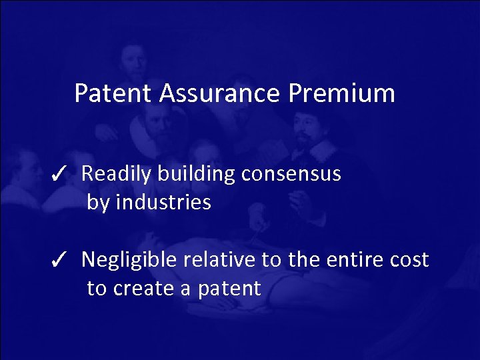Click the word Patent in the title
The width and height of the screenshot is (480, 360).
113,93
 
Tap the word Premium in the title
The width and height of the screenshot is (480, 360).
342,93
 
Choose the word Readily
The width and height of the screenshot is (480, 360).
117,175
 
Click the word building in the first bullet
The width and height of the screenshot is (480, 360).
197,175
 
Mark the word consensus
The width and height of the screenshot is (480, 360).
291,175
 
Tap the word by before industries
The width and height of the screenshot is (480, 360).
98,203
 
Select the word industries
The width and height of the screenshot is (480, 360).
163,203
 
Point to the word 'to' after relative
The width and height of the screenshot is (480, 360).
271,260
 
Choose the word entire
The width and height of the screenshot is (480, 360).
353,260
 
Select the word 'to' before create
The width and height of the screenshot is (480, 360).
97,289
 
